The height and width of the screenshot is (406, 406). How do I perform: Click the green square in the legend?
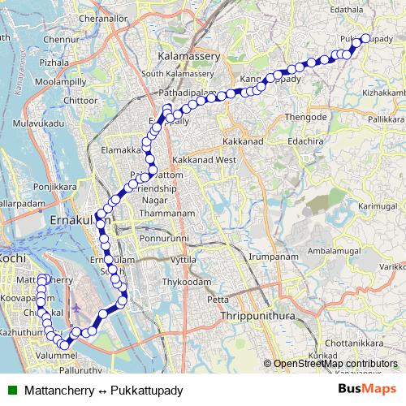pos(11,389)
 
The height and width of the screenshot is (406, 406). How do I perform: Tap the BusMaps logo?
pos(368,389)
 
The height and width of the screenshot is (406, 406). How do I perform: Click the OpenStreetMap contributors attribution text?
pos(337,364)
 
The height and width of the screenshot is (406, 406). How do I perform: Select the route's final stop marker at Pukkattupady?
pos(365,38)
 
